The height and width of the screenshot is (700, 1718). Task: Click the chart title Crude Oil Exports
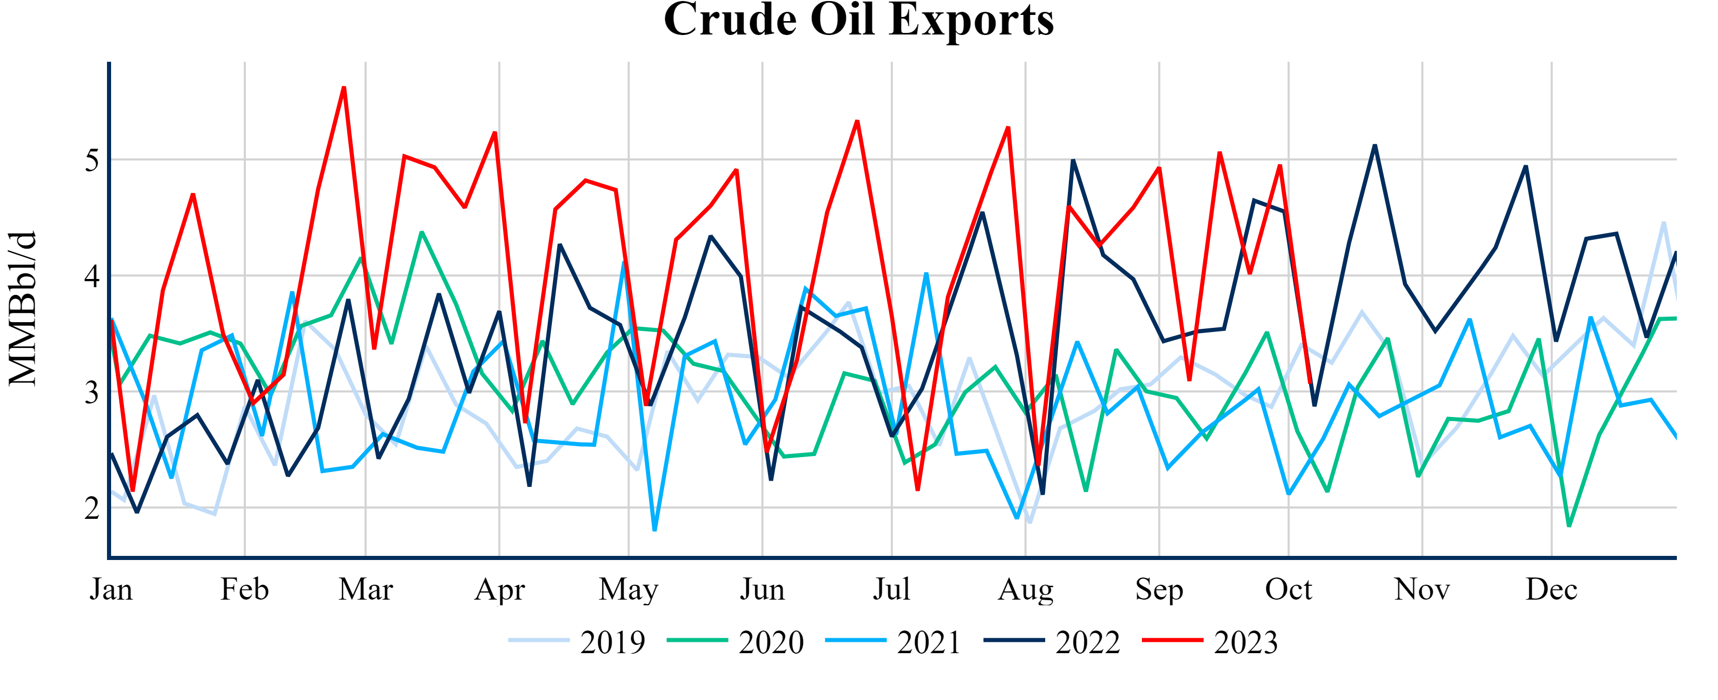coord(858,20)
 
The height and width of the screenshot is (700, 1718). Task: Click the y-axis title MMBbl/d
coord(23,309)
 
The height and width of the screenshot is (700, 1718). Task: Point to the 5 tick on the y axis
coord(92,160)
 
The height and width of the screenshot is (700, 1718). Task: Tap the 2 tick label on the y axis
coord(92,509)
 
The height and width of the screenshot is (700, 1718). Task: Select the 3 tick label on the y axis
coord(92,392)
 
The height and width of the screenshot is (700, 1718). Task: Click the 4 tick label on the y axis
coord(92,276)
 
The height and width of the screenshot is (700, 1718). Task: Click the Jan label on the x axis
coord(111,590)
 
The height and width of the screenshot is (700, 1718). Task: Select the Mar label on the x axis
coord(366,590)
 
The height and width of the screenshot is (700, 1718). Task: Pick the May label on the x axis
coord(628,590)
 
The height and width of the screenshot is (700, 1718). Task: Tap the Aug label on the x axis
coord(1025,590)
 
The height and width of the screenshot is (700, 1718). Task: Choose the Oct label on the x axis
coord(1288,590)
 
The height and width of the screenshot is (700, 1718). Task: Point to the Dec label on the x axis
coord(1551,590)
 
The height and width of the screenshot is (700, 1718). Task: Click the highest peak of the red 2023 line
coord(344,87)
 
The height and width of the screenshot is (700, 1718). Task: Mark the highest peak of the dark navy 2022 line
coord(1374,146)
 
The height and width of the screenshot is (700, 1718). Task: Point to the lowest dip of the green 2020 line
coord(1569,526)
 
